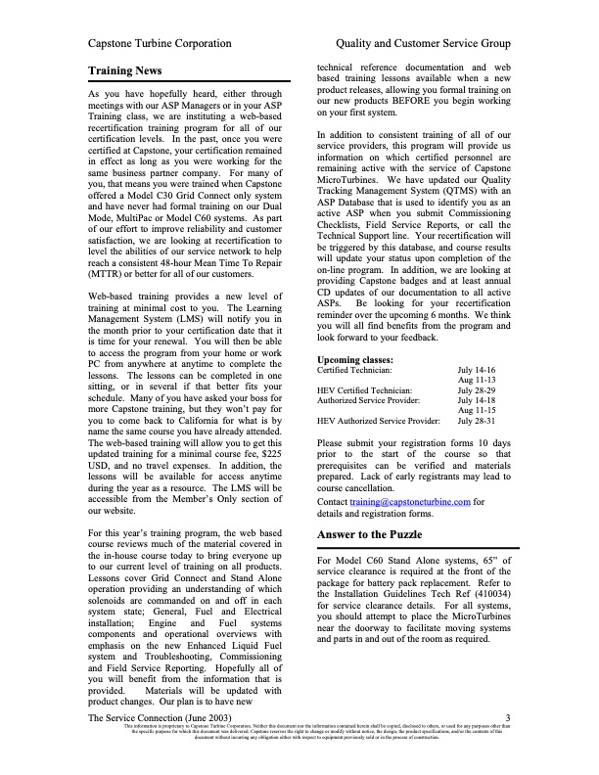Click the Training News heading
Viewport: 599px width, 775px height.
pyautogui.click(x=124, y=71)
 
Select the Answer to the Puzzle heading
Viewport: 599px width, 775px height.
pyautogui.click(x=378, y=534)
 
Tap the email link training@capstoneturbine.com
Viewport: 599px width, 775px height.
pyautogui.click(x=397, y=501)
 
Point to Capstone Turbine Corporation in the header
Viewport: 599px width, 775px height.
pyautogui.click(x=160, y=44)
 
